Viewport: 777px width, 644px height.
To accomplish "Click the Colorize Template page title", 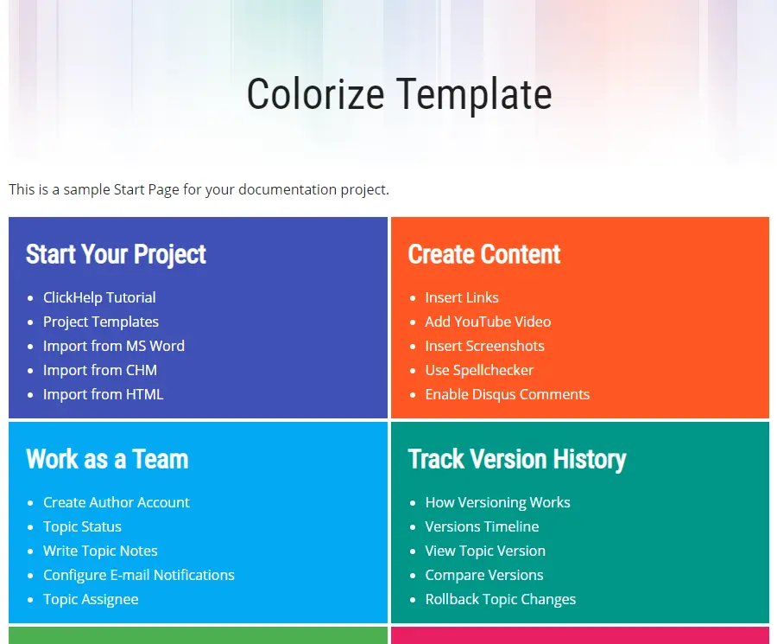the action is click(x=400, y=94).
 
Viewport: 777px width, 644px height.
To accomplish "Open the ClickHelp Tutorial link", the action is click(x=99, y=297).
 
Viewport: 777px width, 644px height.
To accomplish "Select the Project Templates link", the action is click(x=101, y=322).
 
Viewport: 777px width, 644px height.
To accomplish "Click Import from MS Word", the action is click(x=113, y=346).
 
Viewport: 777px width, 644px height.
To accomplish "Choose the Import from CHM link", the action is click(x=99, y=370).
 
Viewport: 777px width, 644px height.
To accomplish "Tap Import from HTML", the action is click(x=103, y=394).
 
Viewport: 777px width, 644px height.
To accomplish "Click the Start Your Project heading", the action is click(x=116, y=254).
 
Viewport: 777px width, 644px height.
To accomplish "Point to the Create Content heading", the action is click(x=484, y=254).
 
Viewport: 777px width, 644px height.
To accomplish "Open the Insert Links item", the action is click(x=462, y=297).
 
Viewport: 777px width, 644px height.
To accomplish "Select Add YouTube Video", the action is click(x=488, y=322).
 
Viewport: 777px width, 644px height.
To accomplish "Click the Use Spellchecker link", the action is click(x=479, y=370).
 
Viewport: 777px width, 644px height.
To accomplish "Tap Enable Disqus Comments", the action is click(x=508, y=394).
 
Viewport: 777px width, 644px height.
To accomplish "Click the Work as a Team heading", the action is click(x=107, y=459).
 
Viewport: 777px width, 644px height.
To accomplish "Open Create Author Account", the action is click(x=117, y=502).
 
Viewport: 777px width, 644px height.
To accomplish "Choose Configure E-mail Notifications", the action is click(x=139, y=575).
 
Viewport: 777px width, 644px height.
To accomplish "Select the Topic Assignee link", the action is click(x=91, y=599).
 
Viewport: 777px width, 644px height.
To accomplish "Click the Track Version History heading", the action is click(x=517, y=459).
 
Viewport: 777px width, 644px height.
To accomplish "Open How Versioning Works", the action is click(x=497, y=502).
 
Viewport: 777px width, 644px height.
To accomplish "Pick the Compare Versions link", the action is click(x=484, y=575).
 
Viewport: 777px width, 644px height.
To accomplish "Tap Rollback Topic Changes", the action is click(x=501, y=599).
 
